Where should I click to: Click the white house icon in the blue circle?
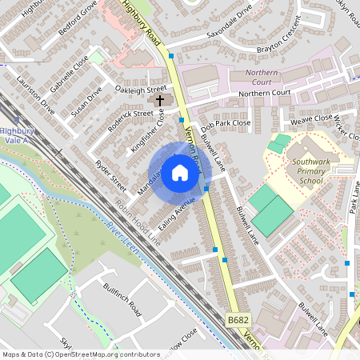coord(180,172)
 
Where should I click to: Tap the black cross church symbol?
coord(159,100)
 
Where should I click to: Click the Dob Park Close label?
coord(226,124)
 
